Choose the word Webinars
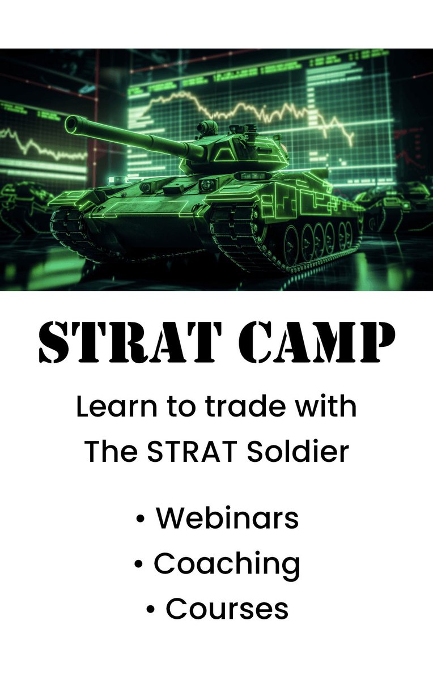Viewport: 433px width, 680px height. [227, 518]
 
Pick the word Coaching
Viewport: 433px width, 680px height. [227, 564]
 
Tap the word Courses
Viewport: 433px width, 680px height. [227, 609]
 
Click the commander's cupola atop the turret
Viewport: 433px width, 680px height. [207, 128]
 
